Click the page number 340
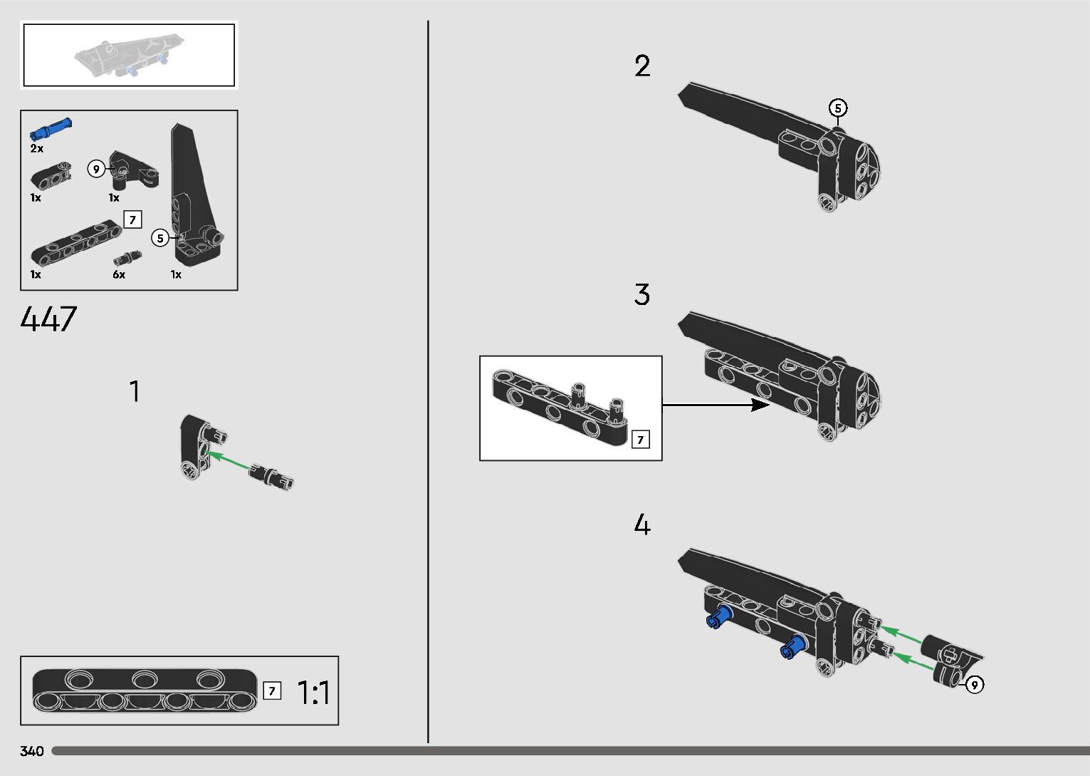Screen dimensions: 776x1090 (x=32, y=751)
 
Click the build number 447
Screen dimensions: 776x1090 (x=48, y=319)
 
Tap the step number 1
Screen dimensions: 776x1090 (x=134, y=392)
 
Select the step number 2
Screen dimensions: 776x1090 (x=642, y=66)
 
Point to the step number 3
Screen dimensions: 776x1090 (x=642, y=295)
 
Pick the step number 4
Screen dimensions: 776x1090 (x=642, y=525)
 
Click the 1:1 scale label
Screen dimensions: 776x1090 (x=313, y=693)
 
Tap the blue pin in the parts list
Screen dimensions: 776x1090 (x=51, y=129)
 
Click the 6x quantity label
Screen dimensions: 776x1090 (x=119, y=274)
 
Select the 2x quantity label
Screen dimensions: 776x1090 (x=37, y=149)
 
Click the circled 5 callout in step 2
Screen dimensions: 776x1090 (x=838, y=108)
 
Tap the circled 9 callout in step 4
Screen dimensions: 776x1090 (x=974, y=685)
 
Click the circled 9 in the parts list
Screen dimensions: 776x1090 (x=96, y=169)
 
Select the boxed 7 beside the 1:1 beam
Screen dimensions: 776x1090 (x=272, y=690)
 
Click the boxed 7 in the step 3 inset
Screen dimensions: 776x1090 (x=640, y=440)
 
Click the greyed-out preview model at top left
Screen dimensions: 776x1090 (x=122, y=57)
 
